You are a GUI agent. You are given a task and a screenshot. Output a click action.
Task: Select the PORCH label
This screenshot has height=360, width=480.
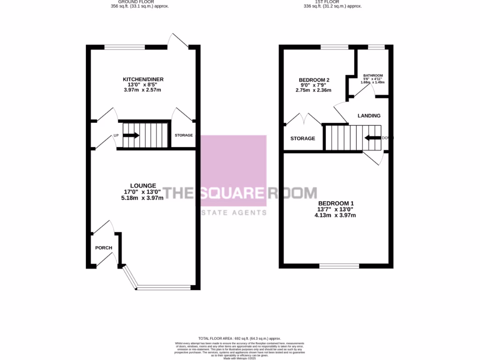(104, 247)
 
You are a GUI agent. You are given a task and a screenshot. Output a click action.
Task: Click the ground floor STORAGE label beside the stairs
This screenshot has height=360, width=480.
(184, 135)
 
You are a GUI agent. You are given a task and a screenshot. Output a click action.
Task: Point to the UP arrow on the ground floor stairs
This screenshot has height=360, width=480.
(132, 135)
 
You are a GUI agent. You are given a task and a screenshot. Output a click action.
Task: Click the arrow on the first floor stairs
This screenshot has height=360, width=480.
(374, 138)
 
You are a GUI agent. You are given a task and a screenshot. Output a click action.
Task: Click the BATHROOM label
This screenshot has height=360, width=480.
(373, 75)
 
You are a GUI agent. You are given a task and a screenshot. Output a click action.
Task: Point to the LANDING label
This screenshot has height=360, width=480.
(369, 116)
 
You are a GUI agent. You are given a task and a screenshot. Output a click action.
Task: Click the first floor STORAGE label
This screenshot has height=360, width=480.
(302, 139)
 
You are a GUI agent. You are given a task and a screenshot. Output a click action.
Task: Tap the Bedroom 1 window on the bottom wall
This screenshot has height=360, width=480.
(339, 266)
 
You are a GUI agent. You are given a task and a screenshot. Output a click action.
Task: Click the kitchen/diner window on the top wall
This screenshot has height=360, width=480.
(125, 46)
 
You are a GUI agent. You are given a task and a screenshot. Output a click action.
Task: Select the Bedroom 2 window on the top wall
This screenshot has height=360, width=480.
(335, 46)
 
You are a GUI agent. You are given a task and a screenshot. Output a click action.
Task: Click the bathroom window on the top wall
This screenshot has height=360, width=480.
(376, 46)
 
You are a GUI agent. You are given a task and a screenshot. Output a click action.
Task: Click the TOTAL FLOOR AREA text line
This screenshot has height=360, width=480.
(240, 338)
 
